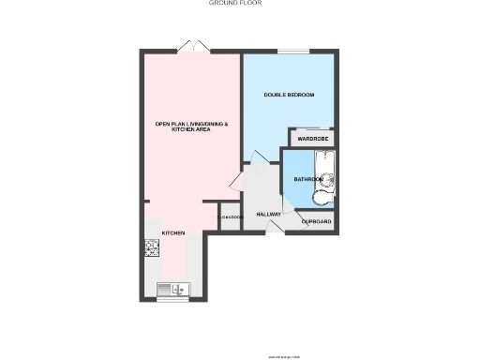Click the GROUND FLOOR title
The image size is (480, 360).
234,4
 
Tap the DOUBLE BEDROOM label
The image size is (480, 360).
288,95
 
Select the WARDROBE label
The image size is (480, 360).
311,140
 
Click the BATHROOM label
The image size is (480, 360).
307,178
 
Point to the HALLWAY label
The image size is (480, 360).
269,214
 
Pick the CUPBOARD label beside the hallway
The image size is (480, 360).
316,222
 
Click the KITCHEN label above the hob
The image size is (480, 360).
172,232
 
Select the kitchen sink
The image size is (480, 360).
173,289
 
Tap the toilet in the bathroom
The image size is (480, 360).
320,199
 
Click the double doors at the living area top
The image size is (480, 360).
192,46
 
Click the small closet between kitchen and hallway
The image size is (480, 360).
230,217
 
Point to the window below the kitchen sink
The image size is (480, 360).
172,300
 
